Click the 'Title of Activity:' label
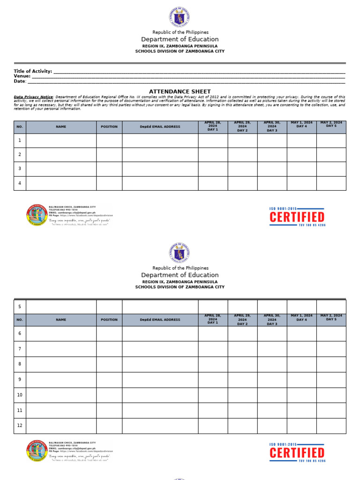point(33,71)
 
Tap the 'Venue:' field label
point(22,76)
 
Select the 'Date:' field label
point(20,81)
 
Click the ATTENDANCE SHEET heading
point(180,91)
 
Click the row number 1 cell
point(20,141)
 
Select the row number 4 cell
point(20,183)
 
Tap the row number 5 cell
point(20,307)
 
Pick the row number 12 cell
point(20,426)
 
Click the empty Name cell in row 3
point(61,169)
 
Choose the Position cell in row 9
point(109,379)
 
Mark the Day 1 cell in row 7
point(213,349)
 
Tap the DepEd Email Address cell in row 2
point(160,155)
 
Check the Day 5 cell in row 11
point(331,410)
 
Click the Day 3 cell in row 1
point(272,141)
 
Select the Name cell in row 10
point(61,395)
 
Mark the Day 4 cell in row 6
point(301,333)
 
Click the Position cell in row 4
point(109,183)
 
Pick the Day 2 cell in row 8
point(242,364)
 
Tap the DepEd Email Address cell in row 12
point(160,426)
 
